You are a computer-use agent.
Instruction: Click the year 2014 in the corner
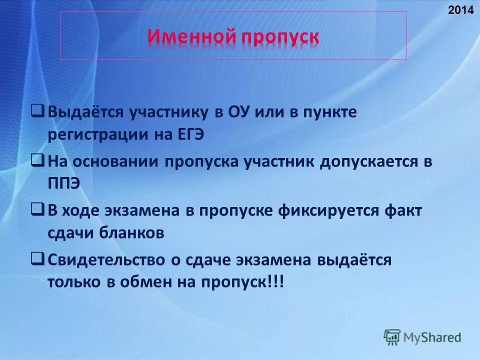tap(464, 9)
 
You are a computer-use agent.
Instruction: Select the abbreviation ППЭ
tap(64, 184)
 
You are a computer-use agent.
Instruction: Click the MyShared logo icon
tap(392, 337)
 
